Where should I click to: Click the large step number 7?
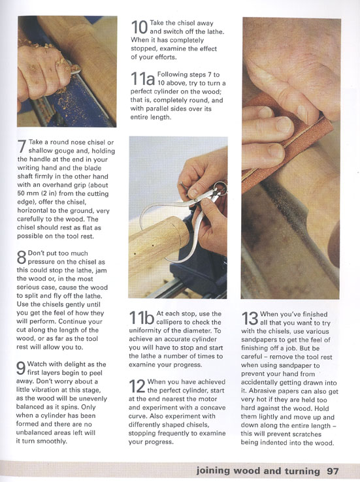point(22,146)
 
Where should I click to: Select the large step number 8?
point(22,257)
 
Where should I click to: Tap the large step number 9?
point(21,368)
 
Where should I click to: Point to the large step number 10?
point(139,27)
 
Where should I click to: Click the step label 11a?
point(142,78)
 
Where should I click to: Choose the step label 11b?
point(141,318)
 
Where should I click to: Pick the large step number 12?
point(137,386)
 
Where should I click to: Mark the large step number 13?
point(250,319)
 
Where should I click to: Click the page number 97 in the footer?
point(333,472)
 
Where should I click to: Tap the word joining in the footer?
point(213,472)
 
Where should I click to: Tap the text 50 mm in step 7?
point(27,194)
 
